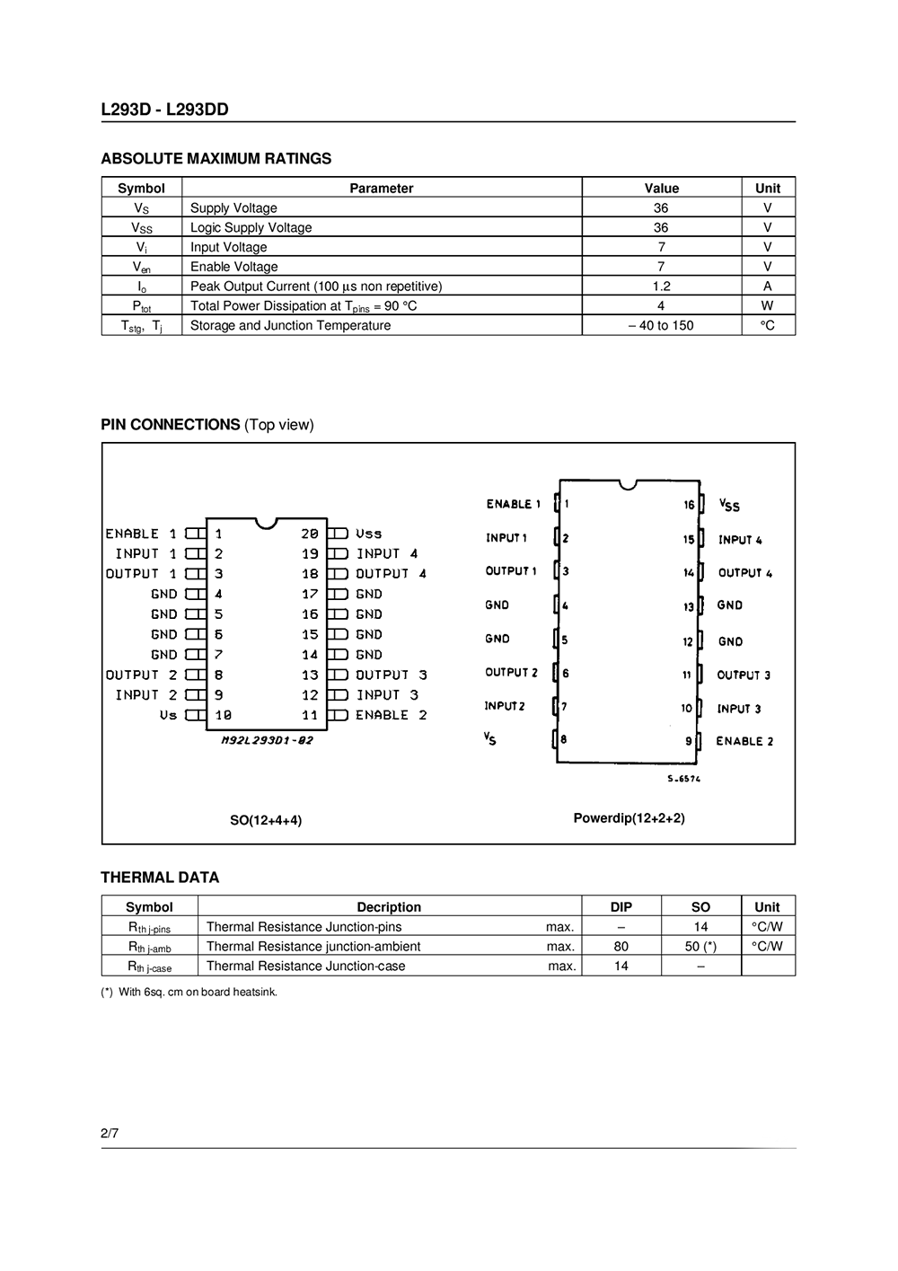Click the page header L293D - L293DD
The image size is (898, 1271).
pyautogui.click(x=164, y=110)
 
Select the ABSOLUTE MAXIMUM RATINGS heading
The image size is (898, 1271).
pyautogui.click(x=216, y=159)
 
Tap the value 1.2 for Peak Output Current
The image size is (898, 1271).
pyautogui.click(x=661, y=287)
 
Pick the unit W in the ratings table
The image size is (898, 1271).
pyautogui.click(x=768, y=306)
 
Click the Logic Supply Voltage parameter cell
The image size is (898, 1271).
pyautogui.click(x=251, y=228)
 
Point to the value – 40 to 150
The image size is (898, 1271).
pyautogui.click(x=661, y=326)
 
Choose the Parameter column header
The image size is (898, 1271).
pyautogui.click(x=381, y=189)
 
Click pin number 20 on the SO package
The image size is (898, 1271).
pyautogui.click(x=310, y=534)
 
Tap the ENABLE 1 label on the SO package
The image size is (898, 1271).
pyautogui.click(x=141, y=534)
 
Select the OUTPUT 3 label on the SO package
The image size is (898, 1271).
pyautogui.click(x=392, y=675)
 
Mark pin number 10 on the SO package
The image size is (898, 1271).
pyautogui.click(x=223, y=715)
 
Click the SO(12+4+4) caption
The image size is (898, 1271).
pyautogui.click(x=266, y=820)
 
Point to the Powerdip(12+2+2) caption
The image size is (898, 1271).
pyautogui.click(x=629, y=818)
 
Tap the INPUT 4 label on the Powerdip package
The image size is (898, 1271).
pyautogui.click(x=740, y=540)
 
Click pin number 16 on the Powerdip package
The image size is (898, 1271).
pyautogui.click(x=689, y=505)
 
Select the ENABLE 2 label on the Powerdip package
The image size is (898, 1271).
pyautogui.click(x=744, y=741)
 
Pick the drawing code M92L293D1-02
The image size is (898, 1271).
pyautogui.click(x=267, y=740)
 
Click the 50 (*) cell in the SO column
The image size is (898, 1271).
pyautogui.click(x=700, y=947)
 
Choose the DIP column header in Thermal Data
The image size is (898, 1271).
pyautogui.click(x=621, y=907)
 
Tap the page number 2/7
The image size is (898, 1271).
pyautogui.click(x=110, y=1134)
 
